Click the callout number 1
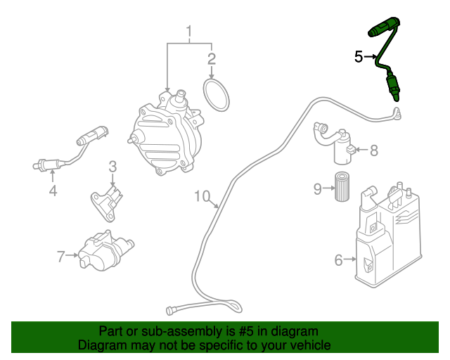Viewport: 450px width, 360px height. [x=188, y=31]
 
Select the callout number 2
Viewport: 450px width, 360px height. [x=211, y=58]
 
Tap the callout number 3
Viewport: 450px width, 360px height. [x=112, y=167]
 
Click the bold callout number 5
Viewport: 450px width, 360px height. [x=359, y=57]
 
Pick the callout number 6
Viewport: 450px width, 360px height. [x=338, y=260]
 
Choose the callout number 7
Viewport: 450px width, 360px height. [x=61, y=257]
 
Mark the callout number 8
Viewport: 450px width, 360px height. [x=373, y=150]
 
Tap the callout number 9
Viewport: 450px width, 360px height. [x=318, y=188]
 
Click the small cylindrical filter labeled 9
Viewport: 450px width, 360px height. [x=342, y=187]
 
